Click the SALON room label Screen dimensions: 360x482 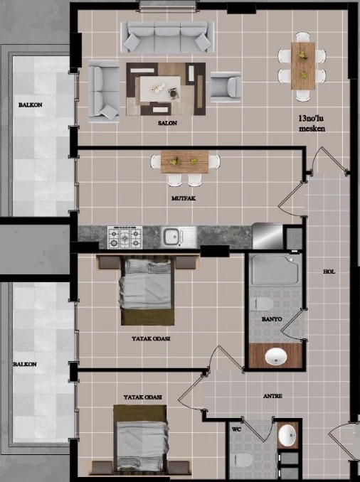[x=167, y=123]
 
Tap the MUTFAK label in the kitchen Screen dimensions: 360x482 [x=184, y=198]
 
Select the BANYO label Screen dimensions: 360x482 [x=272, y=319]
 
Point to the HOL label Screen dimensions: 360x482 [x=329, y=272]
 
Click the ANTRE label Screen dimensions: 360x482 [x=272, y=396]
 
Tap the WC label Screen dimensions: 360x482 [x=236, y=429]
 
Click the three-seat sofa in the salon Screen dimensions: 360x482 [x=167, y=37]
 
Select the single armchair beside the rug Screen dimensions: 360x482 [x=226, y=87]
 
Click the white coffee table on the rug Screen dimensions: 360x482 [x=160, y=89]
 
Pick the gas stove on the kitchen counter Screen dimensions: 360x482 [x=125, y=237]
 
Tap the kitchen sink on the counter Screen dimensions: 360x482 [x=179, y=237]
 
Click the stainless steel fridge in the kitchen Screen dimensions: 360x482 [x=268, y=236]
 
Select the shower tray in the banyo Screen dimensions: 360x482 [x=275, y=270]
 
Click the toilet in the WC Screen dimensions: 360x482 [x=243, y=460]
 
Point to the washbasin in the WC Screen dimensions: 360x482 [x=287, y=435]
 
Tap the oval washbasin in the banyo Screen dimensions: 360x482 [x=276, y=357]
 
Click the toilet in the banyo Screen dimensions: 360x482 [x=262, y=304]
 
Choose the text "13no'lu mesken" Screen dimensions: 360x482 [x=312, y=123]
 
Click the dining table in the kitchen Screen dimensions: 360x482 [x=184, y=161]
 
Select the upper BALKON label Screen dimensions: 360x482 [x=30, y=105]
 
